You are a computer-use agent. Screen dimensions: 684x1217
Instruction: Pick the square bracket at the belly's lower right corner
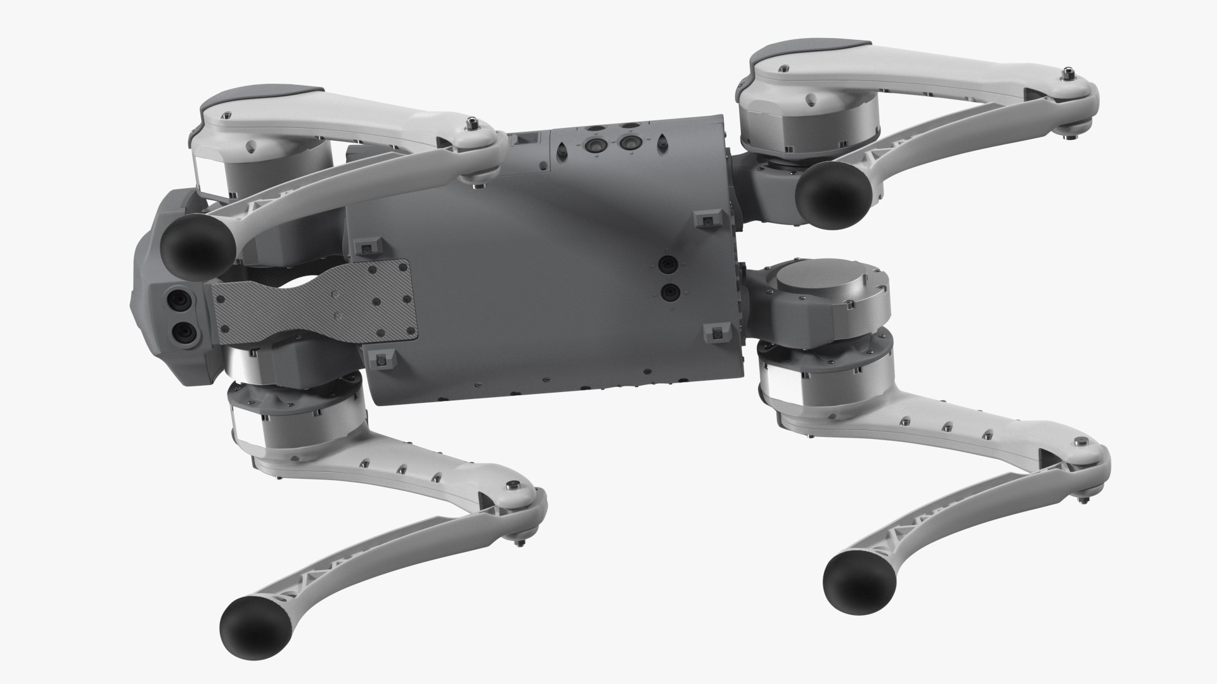(715, 331)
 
